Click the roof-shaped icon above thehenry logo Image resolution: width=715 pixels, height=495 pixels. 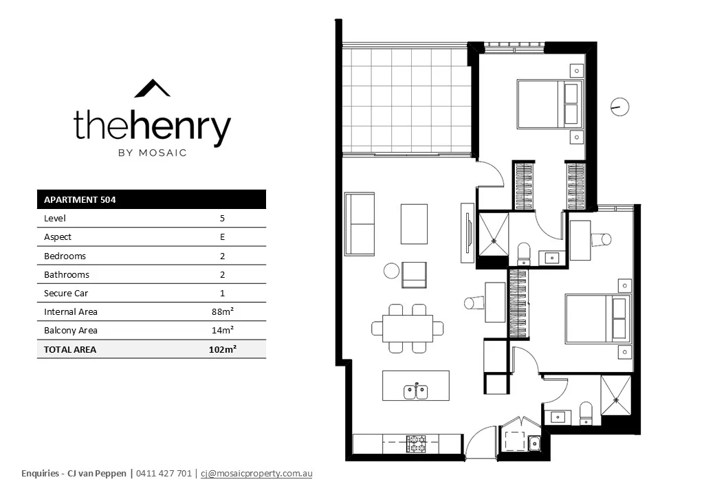click(152, 89)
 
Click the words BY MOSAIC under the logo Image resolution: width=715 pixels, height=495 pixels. click(152, 153)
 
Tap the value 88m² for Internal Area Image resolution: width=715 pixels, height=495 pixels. click(222, 311)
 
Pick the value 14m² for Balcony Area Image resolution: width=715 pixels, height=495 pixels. click(222, 330)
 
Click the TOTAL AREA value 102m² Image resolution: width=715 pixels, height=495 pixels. click(222, 349)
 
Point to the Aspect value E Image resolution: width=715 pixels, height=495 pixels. click(222, 237)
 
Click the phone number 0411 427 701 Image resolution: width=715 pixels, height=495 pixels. click(164, 474)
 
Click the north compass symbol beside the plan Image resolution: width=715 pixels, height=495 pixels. click(619, 107)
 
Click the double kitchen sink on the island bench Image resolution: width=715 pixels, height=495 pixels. click(415, 392)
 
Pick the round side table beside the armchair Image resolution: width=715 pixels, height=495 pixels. click(392, 271)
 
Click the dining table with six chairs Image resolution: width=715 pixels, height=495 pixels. click(407, 329)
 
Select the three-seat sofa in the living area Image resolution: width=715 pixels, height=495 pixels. click(360, 224)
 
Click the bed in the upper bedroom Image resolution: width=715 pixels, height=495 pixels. click(549, 104)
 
